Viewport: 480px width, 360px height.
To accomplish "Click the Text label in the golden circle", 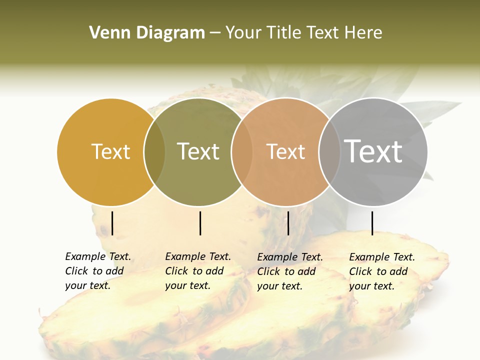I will click(x=110, y=151).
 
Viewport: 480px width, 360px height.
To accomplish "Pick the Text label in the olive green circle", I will click(x=198, y=151).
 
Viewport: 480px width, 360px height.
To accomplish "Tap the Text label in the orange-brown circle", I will click(x=285, y=151).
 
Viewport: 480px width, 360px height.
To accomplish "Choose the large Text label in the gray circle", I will click(x=373, y=151).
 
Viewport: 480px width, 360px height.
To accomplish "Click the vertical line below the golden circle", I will click(x=112, y=223).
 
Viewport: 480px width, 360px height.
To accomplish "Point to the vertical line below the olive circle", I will click(x=200, y=223).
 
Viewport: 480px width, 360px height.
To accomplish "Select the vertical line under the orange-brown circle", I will click(x=288, y=223).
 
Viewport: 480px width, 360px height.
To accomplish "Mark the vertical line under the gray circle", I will click(x=372, y=223).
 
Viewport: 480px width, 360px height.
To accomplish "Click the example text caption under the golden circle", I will click(x=98, y=271).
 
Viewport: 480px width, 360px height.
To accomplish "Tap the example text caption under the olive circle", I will click(x=198, y=271).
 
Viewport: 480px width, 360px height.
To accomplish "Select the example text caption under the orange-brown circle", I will click(x=290, y=271).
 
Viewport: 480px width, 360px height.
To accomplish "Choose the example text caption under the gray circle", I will click(x=382, y=271).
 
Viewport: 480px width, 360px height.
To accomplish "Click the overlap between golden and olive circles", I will click(x=154, y=152).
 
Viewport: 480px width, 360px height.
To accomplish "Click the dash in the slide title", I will click(x=215, y=33).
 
